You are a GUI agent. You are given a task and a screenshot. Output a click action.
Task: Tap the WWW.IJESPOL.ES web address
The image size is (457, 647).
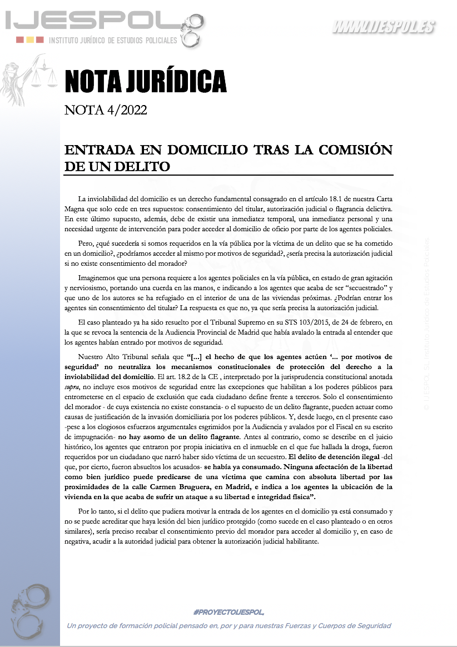tap(384, 27)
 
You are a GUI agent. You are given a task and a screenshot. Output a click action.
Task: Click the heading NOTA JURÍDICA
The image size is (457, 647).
tap(145, 81)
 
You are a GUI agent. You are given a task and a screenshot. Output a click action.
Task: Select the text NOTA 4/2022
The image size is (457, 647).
tap(106, 110)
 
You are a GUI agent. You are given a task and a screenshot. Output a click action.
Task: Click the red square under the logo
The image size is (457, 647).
tap(19, 40)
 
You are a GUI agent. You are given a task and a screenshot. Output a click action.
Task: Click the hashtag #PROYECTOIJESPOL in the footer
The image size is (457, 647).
tap(229, 611)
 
